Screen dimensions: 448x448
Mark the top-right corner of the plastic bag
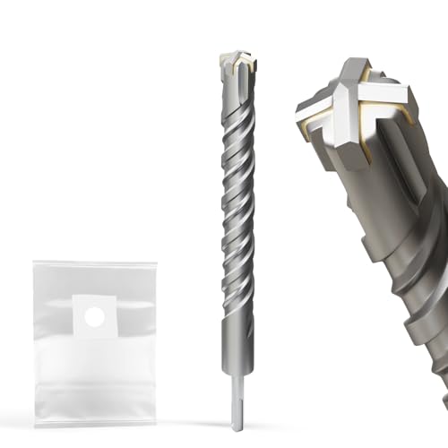point(157,262)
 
